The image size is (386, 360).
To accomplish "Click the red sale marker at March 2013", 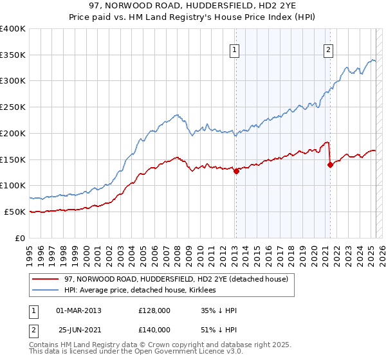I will pyautogui.click(x=236, y=171).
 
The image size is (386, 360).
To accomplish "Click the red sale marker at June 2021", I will pyautogui.click(x=330, y=165).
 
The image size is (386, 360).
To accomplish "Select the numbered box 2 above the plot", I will pyautogui.click(x=328, y=50).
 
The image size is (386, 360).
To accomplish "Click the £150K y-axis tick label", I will pyautogui.click(x=13, y=159).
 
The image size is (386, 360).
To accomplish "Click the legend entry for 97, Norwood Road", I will pyautogui.click(x=179, y=278).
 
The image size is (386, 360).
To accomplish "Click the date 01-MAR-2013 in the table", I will pyautogui.click(x=78, y=310).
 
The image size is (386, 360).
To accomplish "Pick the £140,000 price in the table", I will pyautogui.click(x=154, y=330).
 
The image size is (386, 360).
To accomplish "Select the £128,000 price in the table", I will pyautogui.click(x=154, y=310).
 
